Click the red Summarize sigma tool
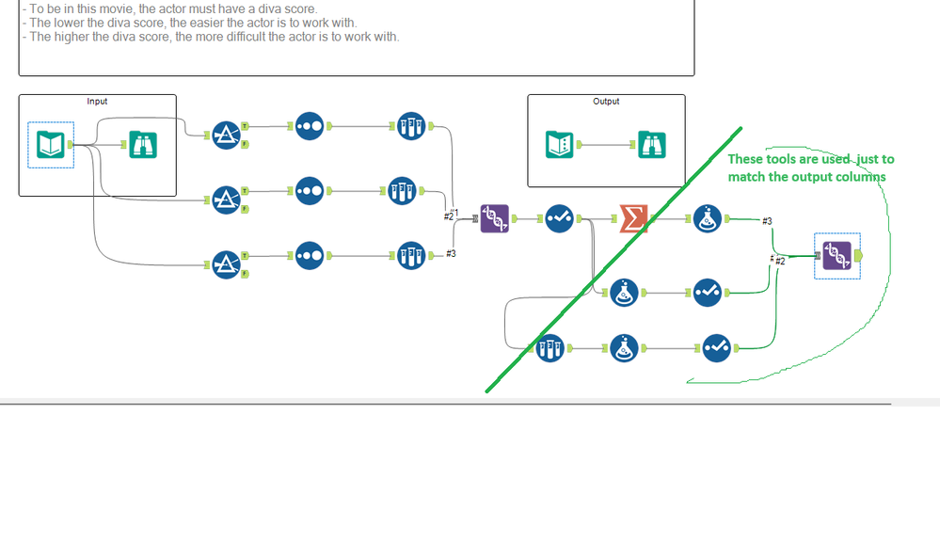point(633,218)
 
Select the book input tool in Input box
point(51,144)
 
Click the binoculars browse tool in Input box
point(143,144)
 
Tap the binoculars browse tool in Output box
point(652,144)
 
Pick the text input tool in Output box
point(559,144)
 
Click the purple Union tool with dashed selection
point(836,256)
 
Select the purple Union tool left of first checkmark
point(495,218)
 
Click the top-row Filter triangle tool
point(227,136)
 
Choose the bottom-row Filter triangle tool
point(227,264)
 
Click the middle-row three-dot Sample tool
point(310,191)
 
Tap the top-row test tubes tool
point(411,126)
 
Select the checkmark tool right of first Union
point(559,218)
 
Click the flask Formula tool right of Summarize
point(708,218)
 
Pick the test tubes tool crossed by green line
point(550,348)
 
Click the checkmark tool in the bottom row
point(716,348)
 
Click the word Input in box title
point(97,102)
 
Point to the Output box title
point(606,102)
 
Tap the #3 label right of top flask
point(768,221)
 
